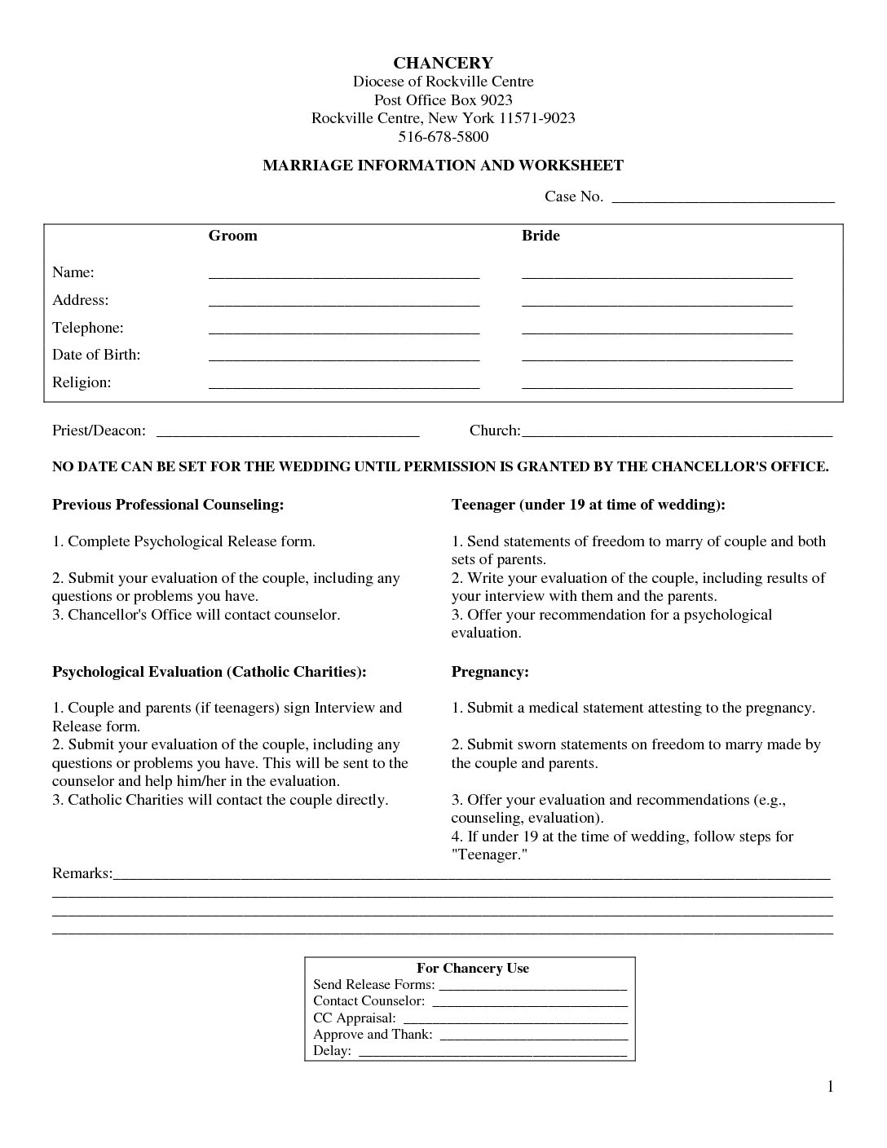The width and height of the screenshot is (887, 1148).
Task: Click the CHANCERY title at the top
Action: [443, 63]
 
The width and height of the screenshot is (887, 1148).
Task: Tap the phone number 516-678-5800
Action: [443, 136]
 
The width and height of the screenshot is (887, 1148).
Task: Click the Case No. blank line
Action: [722, 198]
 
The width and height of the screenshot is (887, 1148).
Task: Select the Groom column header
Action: [232, 236]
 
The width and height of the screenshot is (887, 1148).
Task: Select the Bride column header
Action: [541, 236]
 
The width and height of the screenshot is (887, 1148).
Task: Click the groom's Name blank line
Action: [344, 275]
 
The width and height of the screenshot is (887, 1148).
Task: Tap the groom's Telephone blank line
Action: [344, 330]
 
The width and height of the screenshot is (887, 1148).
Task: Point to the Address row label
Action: [81, 300]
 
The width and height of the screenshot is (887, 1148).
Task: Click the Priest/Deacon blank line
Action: [287, 433]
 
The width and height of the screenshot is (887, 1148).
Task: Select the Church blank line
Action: [676, 433]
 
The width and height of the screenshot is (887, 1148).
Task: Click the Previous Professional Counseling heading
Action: [168, 505]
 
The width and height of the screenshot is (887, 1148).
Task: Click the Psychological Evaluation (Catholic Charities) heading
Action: [210, 672]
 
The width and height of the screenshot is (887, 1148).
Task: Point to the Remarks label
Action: [82, 873]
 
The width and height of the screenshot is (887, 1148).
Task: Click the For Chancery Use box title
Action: [472, 969]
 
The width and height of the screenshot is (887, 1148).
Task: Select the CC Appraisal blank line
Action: [515, 1020]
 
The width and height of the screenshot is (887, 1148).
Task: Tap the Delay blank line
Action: [492, 1053]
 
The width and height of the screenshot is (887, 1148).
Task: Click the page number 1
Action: [830, 1086]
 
